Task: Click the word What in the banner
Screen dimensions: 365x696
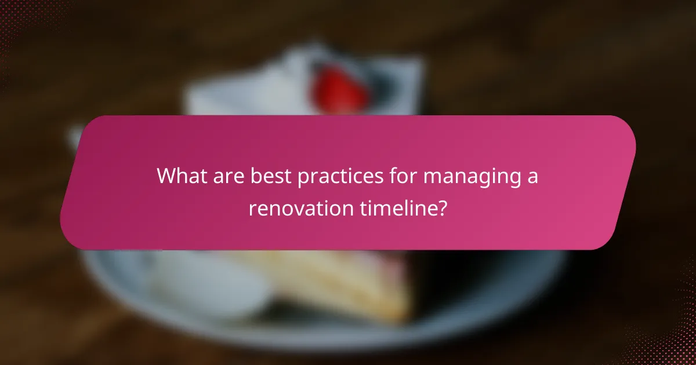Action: pyautogui.click(x=181, y=176)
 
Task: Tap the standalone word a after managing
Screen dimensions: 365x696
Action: pyautogui.click(x=532, y=177)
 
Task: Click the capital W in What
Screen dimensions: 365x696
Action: pyautogui.click(x=168, y=176)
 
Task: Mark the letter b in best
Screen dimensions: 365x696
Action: pyautogui.click(x=255, y=176)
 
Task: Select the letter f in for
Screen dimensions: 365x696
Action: pyautogui.click(x=394, y=176)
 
